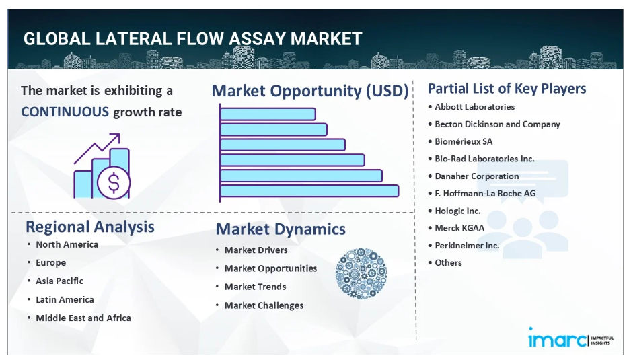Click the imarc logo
click(x=570, y=338)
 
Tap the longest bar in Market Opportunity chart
click(x=309, y=191)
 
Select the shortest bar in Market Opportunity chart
click(x=268, y=114)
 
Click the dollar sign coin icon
click(x=114, y=182)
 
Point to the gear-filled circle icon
click(x=361, y=273)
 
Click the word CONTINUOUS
click(x=65, y=112)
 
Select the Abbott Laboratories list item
click(x=474, y=107)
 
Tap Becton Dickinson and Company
click(x=497, y=124)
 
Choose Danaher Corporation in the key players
click(x=476, y=176)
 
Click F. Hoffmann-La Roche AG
click(x=485, y=193)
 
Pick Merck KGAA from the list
click(x=459, y=228)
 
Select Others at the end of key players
click(x=448, y=262)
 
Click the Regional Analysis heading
click(x=90, y=227)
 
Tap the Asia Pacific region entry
click(x=59, y=281)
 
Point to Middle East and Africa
click(x=83, y=318)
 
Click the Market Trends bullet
click(x=255, y=287)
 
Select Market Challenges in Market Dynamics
click(x=264, y=305)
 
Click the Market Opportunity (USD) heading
click(x=309, y=91)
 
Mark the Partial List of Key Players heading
click(x=507, y=89)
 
